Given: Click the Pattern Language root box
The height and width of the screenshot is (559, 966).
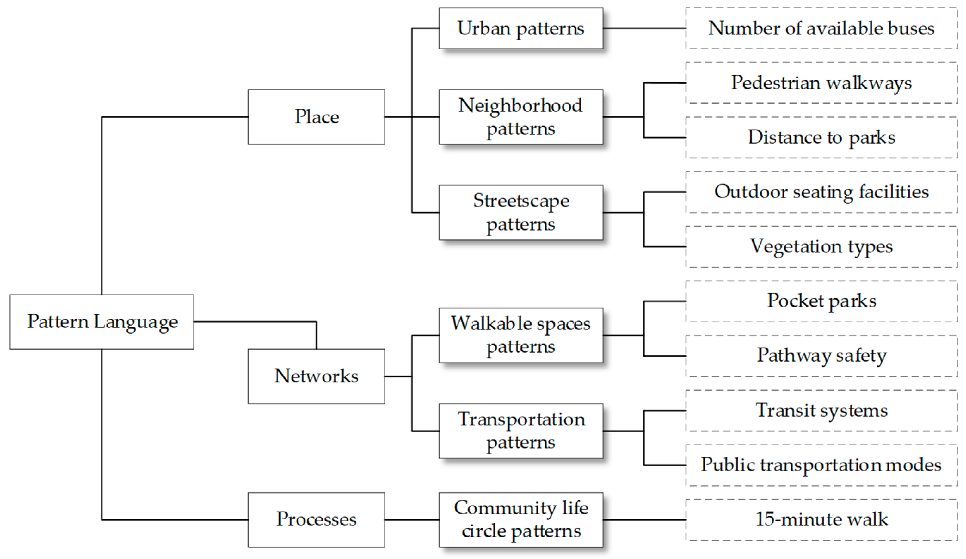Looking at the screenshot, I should (x=102, y=322).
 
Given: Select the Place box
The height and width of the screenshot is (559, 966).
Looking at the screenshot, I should (x=316, y=117).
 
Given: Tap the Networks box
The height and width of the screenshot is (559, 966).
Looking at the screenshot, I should (x=316, y=376).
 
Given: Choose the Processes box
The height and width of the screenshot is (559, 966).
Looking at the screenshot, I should (x=316, y=519).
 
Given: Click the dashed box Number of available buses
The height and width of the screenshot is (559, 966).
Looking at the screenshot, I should (x=821, y=28).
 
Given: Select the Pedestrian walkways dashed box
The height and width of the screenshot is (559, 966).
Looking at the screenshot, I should (x=821, y=83).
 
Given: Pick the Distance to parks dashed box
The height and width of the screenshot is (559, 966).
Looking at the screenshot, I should (x=821, y=137).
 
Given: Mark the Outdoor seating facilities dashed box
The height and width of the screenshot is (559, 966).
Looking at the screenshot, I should (x=821, y=192).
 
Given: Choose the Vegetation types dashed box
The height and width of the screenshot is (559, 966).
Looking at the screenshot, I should (x=821, y=246).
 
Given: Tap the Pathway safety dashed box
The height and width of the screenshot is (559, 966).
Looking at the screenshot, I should (x=821, y=356).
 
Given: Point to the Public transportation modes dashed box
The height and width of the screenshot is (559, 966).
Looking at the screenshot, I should (x=821, y=465).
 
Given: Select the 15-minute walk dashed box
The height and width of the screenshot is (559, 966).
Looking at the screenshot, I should (x=821, y=519).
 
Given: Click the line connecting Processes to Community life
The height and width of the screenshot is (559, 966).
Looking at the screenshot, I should (x=412, y=519).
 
